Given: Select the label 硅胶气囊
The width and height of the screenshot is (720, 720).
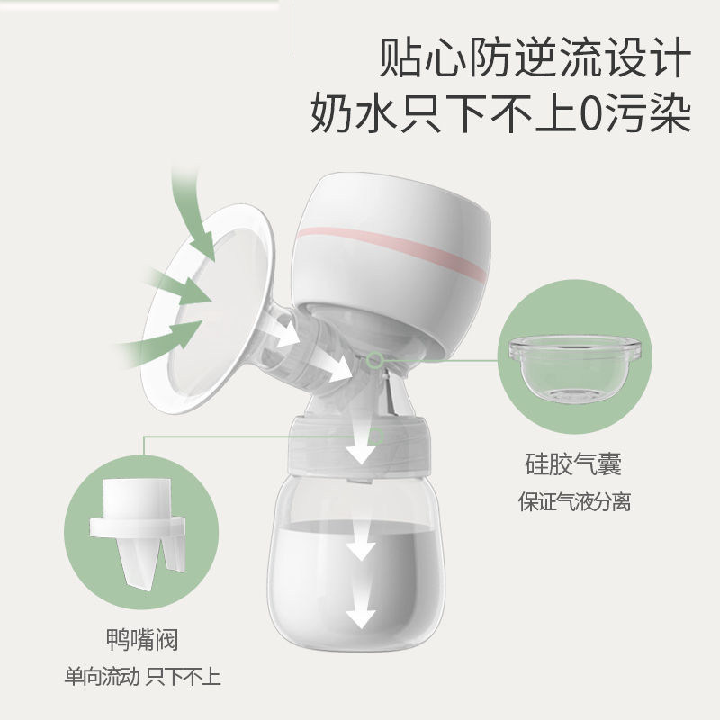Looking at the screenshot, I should (x=573, y=465).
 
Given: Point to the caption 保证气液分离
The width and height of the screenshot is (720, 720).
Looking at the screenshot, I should (x=573, y=500).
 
